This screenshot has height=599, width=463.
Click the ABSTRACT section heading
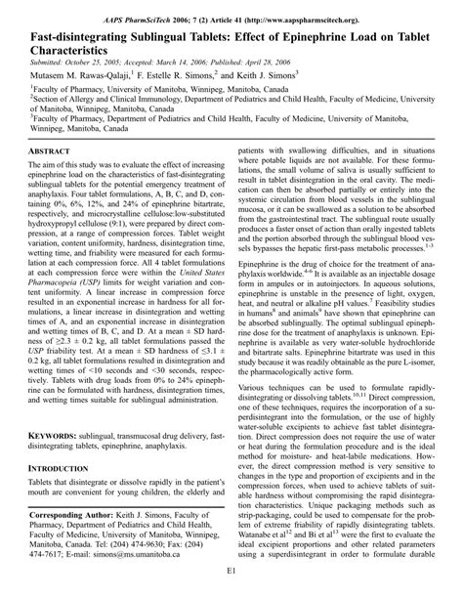(49, 153)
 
